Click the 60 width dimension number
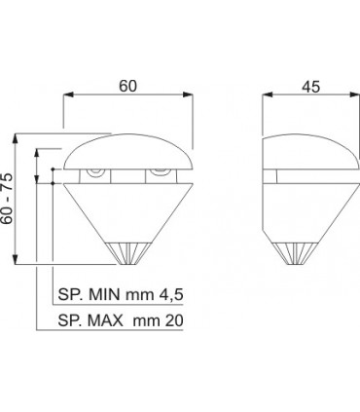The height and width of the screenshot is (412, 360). pos(128,86)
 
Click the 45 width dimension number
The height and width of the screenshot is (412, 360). pos(311,87)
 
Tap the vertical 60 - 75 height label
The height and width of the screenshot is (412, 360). pos(7,199)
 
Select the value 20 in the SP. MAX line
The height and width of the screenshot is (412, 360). pos(174,320)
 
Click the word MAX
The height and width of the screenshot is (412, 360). pos(105,320)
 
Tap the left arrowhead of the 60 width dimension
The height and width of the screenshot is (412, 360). pos(68,94)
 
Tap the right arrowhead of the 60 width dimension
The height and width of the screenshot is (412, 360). pos(188,94)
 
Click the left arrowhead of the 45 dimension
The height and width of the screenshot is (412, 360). pos(267,94)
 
